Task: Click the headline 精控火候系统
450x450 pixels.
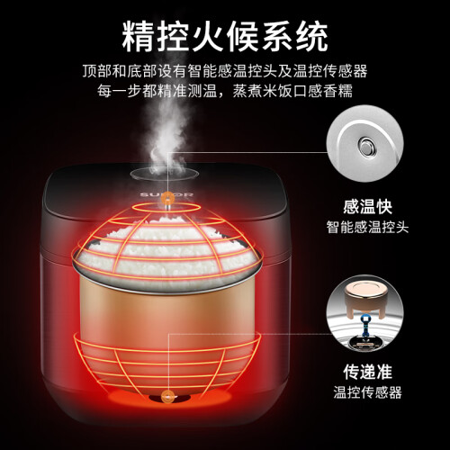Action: pos(225,37)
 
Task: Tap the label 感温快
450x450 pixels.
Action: pos(367,207)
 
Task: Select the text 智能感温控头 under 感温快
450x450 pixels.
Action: pos(367,227)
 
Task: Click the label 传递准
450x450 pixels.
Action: pos(367,372)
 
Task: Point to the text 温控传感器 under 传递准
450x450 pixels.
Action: pos(367,392)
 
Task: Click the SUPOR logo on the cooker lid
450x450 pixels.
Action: pos(166,194)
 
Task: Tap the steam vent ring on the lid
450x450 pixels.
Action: pos(166,174)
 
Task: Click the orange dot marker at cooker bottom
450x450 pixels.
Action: pos(167,396)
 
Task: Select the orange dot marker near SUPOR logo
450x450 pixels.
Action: pos(167,196)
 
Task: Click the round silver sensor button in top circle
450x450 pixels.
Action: pos(366,147)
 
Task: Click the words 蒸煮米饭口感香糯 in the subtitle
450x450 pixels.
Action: pos(292,91)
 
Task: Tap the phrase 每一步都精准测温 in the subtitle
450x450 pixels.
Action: pos(157,91)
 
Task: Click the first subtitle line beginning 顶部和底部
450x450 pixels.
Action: pos(225,71)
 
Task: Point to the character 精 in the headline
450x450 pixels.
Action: pos(138,37)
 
